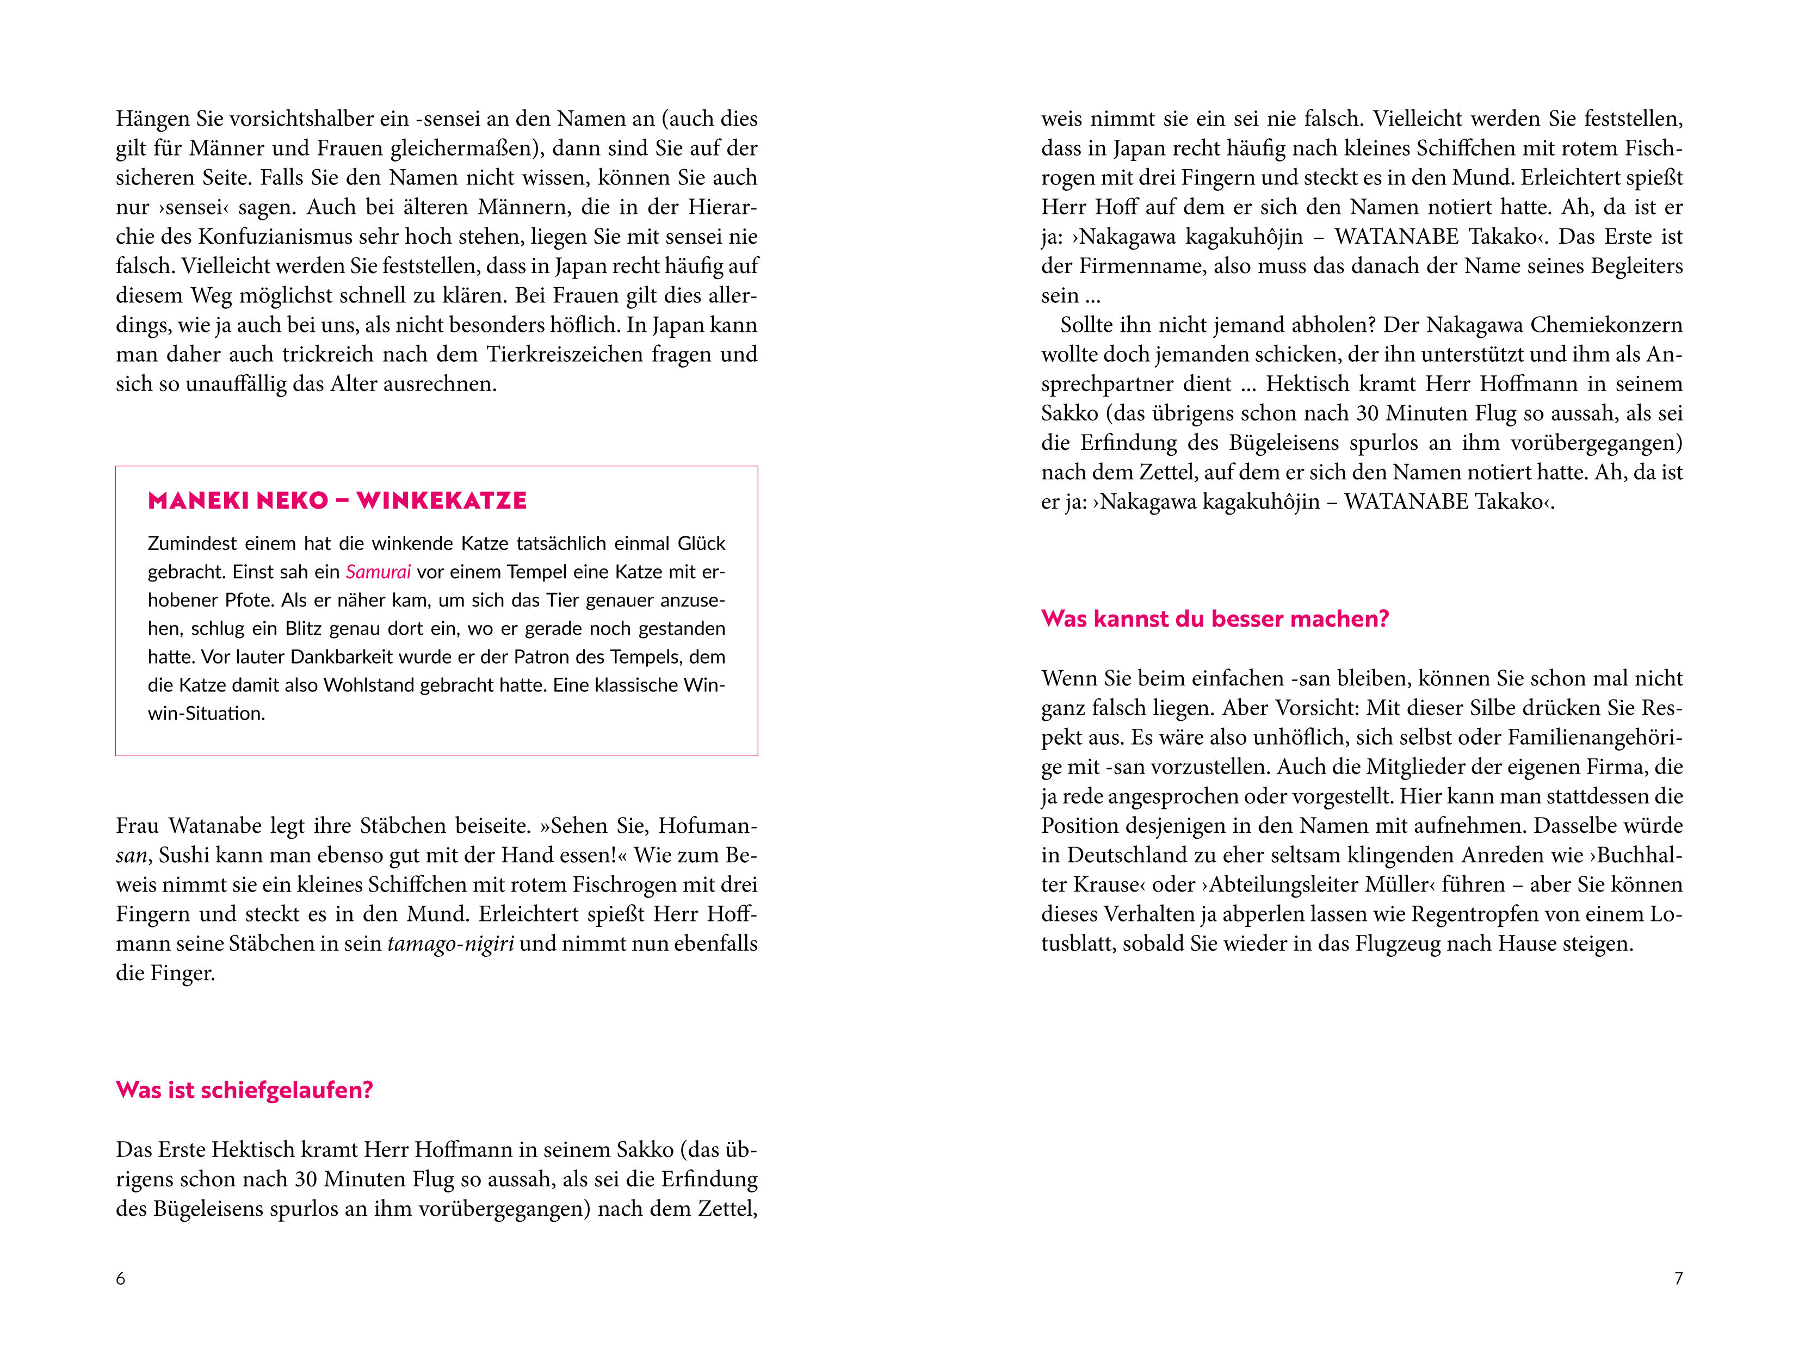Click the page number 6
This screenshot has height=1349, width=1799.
tap(120, 1279)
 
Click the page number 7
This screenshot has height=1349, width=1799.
tap(1678, 1279)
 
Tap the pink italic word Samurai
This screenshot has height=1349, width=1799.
tap(378, 572)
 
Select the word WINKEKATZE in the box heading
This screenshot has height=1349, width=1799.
tap(442, 501)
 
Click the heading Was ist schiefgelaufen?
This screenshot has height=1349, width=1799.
tap(244, 1091)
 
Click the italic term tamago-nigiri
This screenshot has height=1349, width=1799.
tap(450, 944)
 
